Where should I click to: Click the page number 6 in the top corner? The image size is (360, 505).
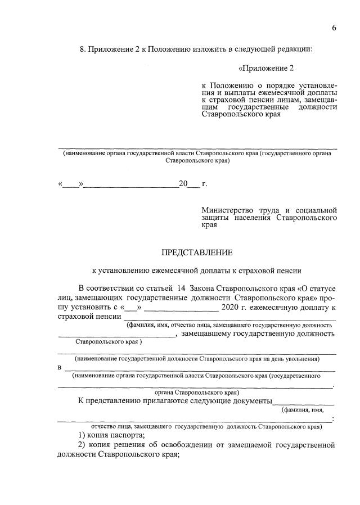pos(334,29)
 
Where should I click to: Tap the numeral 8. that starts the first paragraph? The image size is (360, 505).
pos(83,49)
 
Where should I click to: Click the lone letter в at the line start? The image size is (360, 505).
pos(60,367)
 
